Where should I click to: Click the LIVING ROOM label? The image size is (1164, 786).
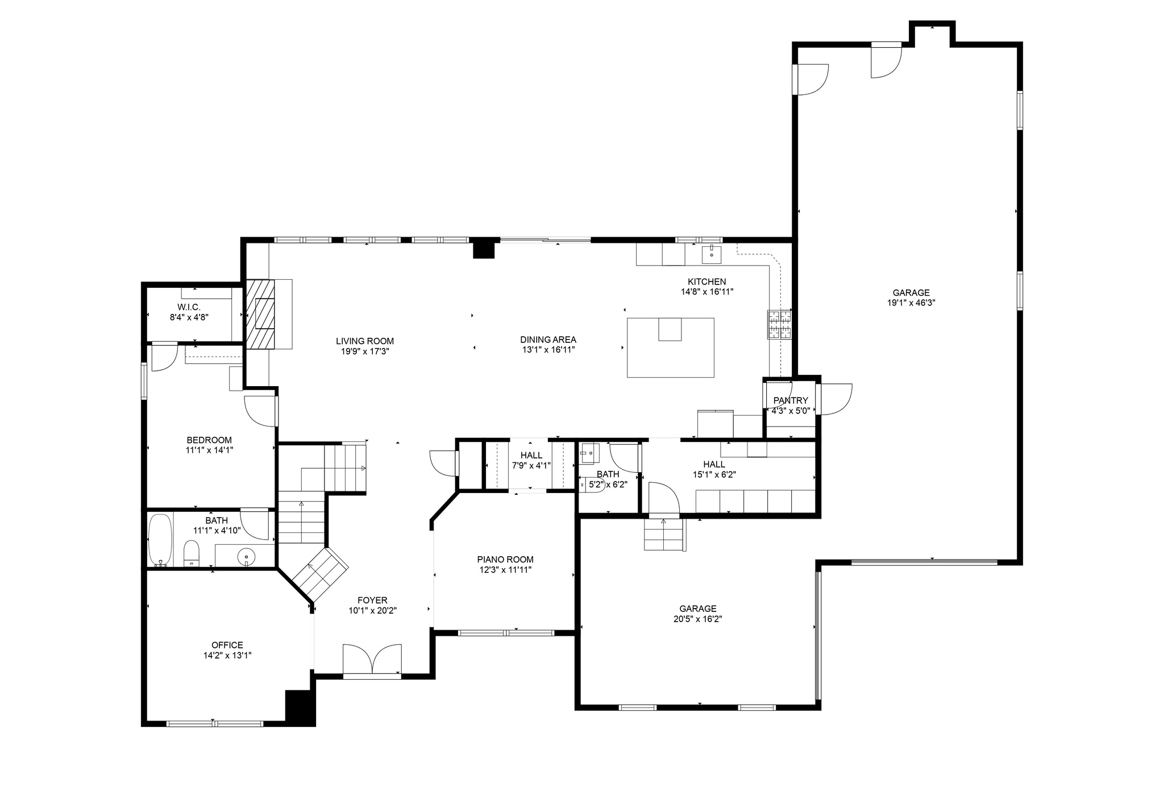(364, 341)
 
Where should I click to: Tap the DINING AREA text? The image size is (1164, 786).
(548, 340)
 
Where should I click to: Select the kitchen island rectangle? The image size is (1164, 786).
(671, 348)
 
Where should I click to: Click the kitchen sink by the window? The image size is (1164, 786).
(712, 254)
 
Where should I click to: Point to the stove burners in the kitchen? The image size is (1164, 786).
(780, 325)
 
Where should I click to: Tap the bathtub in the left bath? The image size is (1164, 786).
(160, 540)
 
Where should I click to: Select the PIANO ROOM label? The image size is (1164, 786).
(505, 560)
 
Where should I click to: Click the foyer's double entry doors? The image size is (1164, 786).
(372, 660)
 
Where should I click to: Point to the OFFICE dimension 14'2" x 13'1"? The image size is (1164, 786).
(227, 655)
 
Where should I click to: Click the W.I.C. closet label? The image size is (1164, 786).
(189, 307)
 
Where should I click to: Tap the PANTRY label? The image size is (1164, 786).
(791, 400)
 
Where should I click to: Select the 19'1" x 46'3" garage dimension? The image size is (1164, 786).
(911, 303)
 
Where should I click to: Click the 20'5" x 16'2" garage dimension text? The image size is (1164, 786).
(698, 619)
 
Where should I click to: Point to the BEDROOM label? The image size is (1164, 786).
(209, 440)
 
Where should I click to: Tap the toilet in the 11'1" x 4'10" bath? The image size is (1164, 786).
(192, 554)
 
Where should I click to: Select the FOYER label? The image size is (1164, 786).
(372, 601)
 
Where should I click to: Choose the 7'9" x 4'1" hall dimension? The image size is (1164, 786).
(531, 465)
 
